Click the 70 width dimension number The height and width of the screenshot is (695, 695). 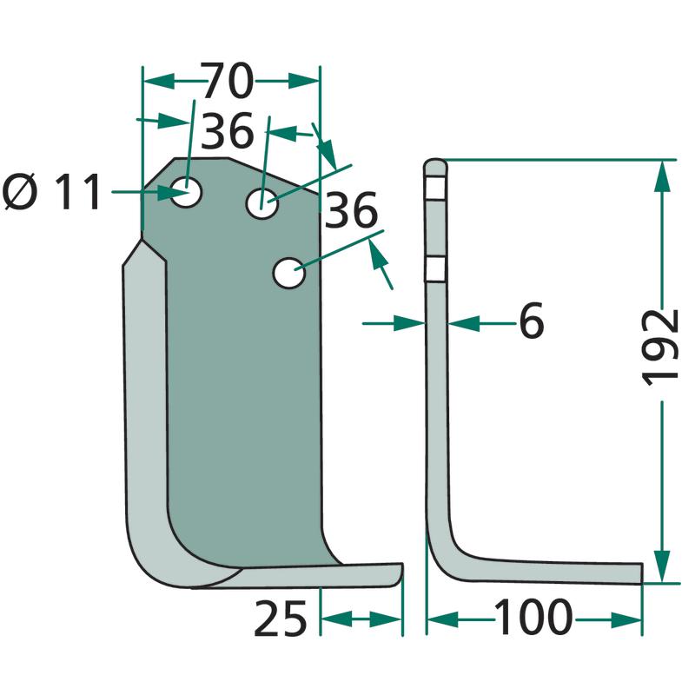[x=228, y=81]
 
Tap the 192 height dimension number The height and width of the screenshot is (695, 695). [x=661, y=347]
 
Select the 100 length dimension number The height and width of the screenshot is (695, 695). [x=533, y=617]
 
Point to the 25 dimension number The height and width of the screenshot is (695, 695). [x=280, y=618]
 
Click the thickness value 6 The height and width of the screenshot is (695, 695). [x=531, y=321]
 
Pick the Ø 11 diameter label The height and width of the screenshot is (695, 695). [x=52, y=192]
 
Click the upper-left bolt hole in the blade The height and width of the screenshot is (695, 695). [x=187, y=192]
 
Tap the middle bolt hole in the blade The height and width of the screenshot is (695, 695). [x=262, y=203]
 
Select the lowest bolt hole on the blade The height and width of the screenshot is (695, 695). [x=289, y=273]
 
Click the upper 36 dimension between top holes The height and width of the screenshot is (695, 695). [x=228, y=131]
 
